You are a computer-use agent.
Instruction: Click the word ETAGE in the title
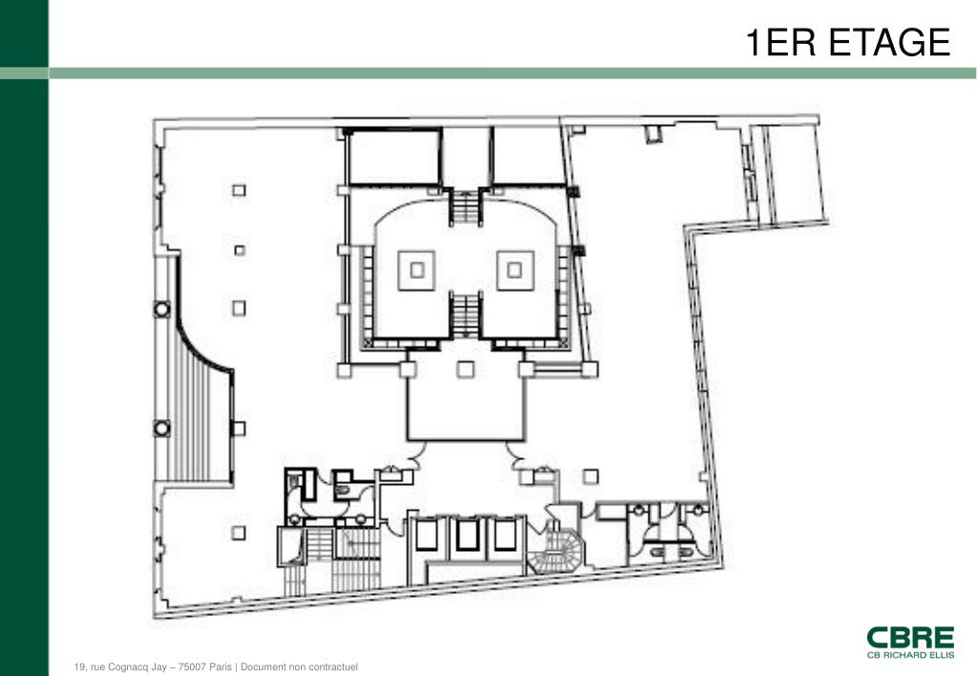point(890,42)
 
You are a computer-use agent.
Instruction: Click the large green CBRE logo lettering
point(910,638)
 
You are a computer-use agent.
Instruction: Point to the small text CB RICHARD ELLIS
point(910,655)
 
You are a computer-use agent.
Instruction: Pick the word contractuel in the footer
point(334,666)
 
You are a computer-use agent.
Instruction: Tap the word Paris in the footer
point(221,666)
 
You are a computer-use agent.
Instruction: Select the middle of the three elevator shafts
point(467,535)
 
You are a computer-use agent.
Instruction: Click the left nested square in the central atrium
point(416,270)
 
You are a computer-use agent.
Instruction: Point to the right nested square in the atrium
point(515,270)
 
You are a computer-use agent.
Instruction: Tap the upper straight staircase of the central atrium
point(465,207)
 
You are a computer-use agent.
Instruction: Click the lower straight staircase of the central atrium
point(465,315)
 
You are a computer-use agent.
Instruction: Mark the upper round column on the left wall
point(162,308)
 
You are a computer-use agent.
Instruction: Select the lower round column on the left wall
point(162,428)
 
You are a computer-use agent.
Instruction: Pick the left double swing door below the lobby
point(416,454)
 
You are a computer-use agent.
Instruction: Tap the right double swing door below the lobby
point(515,454)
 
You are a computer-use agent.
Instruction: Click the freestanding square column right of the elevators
point(590,476)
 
